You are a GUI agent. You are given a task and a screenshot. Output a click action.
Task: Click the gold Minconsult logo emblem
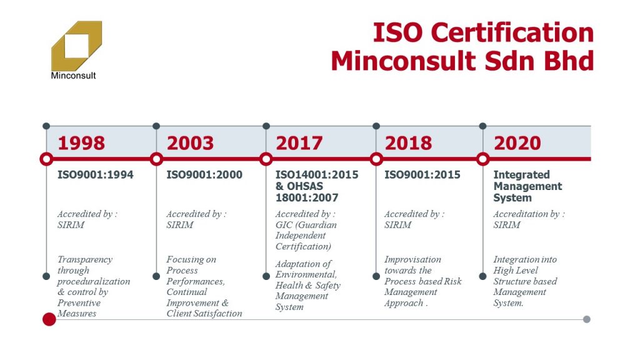(x=76, y=46)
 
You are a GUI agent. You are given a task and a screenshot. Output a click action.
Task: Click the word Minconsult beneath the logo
(x=74, y=76)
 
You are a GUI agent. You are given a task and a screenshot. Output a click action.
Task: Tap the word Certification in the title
(x=512, y=33)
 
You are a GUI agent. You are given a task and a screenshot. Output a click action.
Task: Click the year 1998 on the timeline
(x=81, y=143)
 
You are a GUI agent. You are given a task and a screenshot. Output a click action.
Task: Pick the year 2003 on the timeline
(x=190, y=143)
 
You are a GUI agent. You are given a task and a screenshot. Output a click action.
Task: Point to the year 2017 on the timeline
(x=299, y=143)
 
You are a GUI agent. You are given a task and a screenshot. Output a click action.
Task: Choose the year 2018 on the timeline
(x=408, y=143)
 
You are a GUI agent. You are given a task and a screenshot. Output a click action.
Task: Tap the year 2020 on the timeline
(x=517, y=143)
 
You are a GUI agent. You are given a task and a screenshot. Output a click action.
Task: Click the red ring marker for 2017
(x=266, y=154)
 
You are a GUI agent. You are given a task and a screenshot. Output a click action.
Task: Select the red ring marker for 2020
(x=483, y=154)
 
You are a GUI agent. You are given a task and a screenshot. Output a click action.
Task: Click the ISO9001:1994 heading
(x=96, y=175)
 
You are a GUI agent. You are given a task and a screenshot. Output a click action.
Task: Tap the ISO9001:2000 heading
(x=204, y=175)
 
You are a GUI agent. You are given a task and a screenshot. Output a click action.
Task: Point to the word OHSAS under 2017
(x=305, y=186)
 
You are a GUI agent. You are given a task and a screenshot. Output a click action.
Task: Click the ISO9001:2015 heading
(x=422, y=175)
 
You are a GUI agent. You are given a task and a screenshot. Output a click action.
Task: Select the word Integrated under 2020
(x=522, y=175)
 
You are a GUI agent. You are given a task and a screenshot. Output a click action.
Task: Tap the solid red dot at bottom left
(x=49, y=319)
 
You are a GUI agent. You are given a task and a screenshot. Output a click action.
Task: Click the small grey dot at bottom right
(x=586, y=319)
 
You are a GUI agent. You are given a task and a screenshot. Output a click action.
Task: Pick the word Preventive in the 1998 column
(x=79, y=303)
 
